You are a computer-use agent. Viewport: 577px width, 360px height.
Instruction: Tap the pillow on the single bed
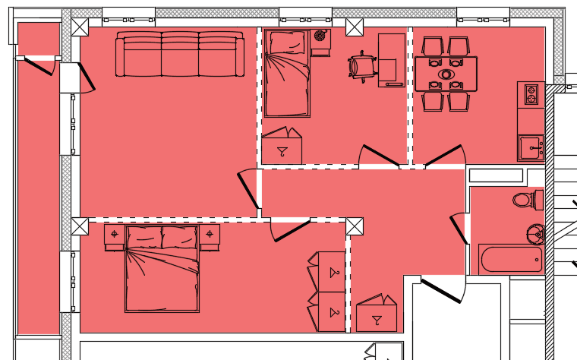[287, 43]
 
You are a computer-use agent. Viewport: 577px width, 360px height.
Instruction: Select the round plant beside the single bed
[320, 36]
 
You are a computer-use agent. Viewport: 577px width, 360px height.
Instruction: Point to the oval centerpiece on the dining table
[446, 74]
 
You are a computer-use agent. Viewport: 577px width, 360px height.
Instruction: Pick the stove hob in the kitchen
[531, 94]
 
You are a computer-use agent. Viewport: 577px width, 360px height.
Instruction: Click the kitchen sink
[531, 146]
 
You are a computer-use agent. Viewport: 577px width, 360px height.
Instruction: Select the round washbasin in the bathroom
[536, 233]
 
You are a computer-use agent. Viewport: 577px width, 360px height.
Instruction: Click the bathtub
[512, 260]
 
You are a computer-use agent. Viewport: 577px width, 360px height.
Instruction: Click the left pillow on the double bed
[144, 238]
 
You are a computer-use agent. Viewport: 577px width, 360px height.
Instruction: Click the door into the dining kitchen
[444, 155]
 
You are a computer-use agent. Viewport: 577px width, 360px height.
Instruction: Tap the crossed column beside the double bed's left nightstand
[80, 226]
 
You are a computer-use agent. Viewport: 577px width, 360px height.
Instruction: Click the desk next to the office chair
[392, 60]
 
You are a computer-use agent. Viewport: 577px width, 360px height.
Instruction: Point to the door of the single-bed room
[380, 155]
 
